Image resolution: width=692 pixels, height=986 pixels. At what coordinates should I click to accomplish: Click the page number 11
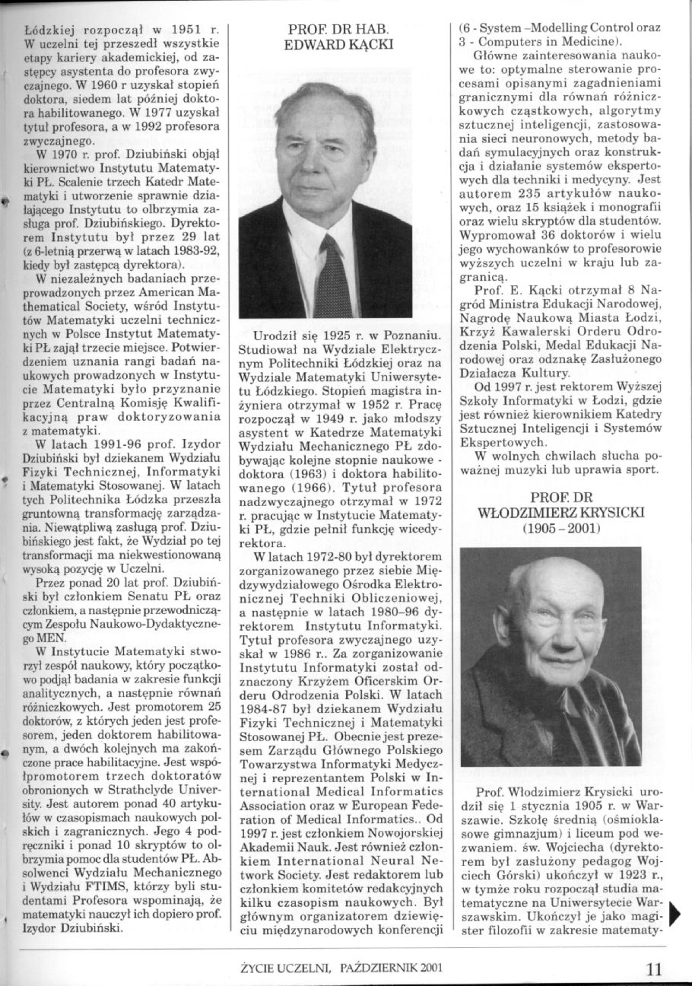[654, 969]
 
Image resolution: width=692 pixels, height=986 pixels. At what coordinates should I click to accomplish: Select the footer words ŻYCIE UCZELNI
[285, 969]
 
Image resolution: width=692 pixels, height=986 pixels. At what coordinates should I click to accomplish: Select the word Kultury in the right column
[547, 374]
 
